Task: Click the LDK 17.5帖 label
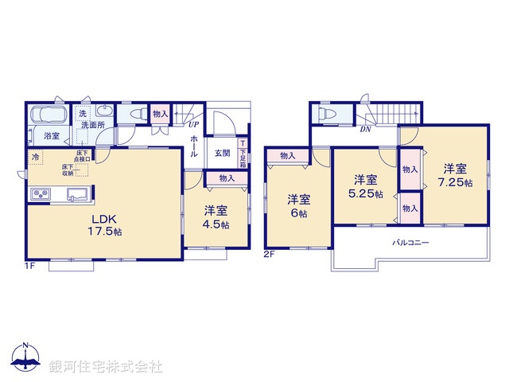(x=105, y=224)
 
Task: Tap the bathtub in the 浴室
(x=50, y=116)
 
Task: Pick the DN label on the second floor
(x=365, y=129)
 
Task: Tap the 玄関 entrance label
(x=222, y=154)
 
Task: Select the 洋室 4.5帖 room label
(x=215, y=217)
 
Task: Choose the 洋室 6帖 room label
(x=298, y=205)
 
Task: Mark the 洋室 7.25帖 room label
(x=454, y=175)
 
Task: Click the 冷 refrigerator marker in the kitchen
(x=35, y=156)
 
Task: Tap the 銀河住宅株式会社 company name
(x=106, y=366)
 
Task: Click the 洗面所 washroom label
(x=97, y=124)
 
